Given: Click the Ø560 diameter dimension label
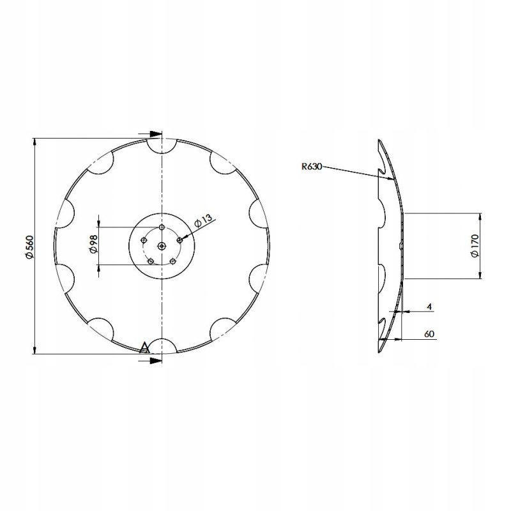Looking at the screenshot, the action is click(x=29, y=247).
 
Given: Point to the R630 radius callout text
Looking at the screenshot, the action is click(x=312, y=167).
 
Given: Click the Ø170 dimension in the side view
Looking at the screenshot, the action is click(x=475, y=245).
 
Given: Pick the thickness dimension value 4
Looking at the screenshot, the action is click(x=429, y=307).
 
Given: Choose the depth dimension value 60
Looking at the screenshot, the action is click(x=429, y=334).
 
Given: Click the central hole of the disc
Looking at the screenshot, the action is click(x=162, y=247).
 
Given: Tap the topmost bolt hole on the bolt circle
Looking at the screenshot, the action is click(x=162, y=227).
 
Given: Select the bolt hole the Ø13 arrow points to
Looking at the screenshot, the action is click(x=179, y=240).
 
